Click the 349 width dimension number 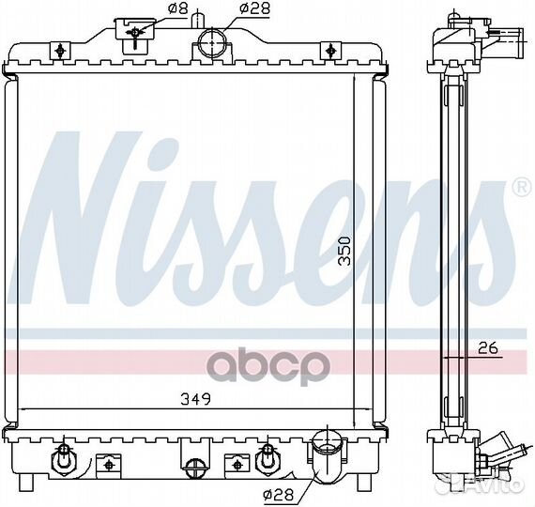pyautogui.click(x=195, y=398)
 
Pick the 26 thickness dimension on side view pyautogui.click(x=486, y=349)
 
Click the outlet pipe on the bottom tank pyautogui.click(x=327, y=455)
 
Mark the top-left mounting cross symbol pyautogui.click(x=60, y=50)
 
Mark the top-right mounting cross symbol pyautogui.click(x=329, y=50)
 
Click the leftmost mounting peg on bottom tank pyautogui.click(x=63, y=460)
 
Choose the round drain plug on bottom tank pyautogui.click(x=194, y=466)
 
